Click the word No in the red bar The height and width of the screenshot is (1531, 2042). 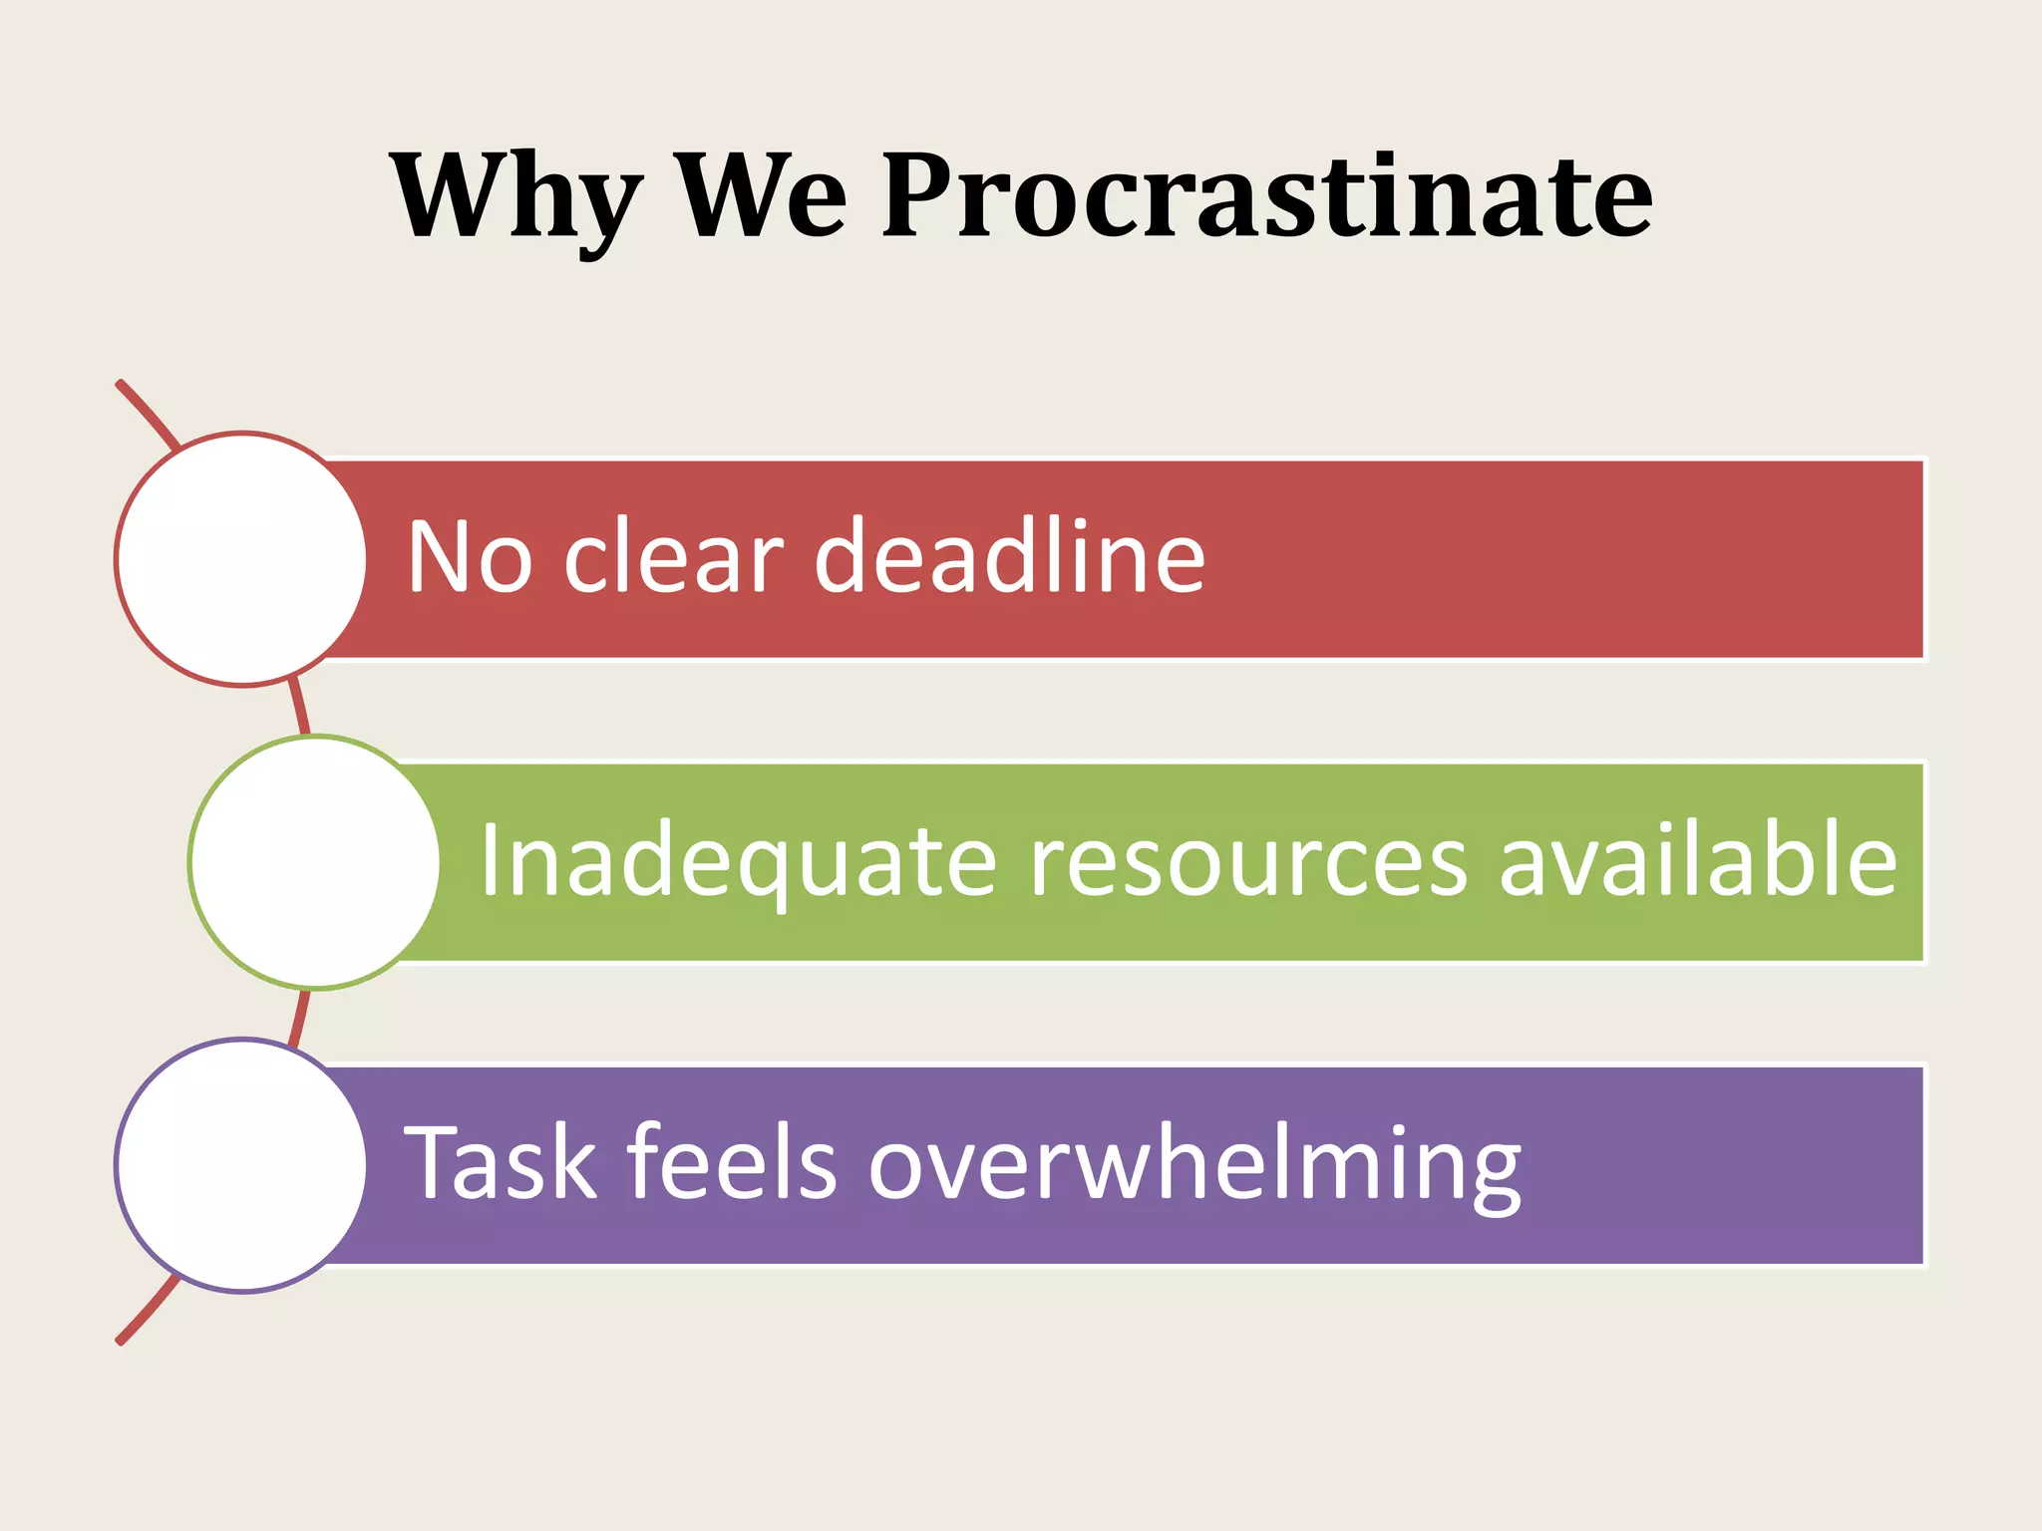pos(470,557)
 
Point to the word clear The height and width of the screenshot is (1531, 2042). pos(674,557)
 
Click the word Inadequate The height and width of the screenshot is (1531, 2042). pos(739,861)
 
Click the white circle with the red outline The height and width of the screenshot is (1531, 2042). pos(241,559)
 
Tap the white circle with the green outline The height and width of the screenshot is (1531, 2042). pos(314,862)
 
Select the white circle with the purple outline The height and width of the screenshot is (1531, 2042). pos(241,1165)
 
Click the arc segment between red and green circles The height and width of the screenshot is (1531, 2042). pos(300,710)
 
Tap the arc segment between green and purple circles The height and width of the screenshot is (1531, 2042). pos(300,1015)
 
